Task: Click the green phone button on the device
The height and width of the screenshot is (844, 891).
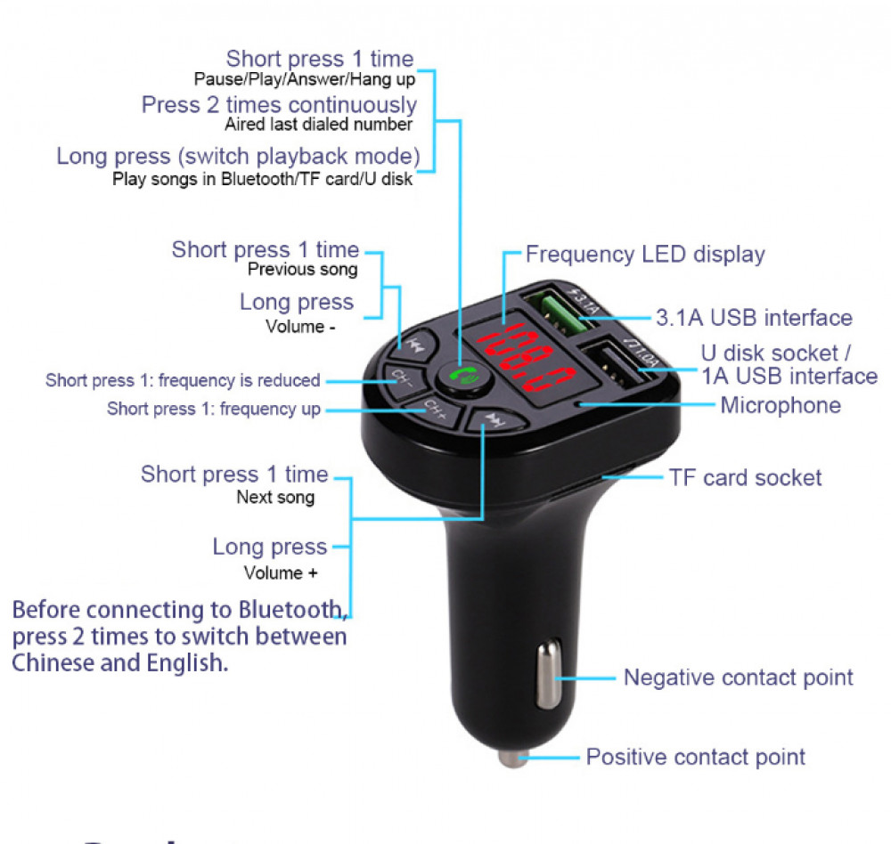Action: pos(462,377)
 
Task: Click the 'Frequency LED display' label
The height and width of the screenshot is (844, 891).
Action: pos(645,255)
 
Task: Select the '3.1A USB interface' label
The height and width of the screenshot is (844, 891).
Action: pos(754,318)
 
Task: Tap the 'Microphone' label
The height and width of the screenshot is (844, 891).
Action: pos(781,406)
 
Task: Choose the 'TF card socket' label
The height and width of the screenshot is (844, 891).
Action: pos(745,478)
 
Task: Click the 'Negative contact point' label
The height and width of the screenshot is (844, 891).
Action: pos(738,678)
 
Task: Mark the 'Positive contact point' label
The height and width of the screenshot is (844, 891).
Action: pos(695,758)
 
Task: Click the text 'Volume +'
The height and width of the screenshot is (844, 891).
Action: pos(281,573)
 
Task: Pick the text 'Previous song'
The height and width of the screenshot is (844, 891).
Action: pos(302,270)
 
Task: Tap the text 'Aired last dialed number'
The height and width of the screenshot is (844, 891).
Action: pos(318,125)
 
